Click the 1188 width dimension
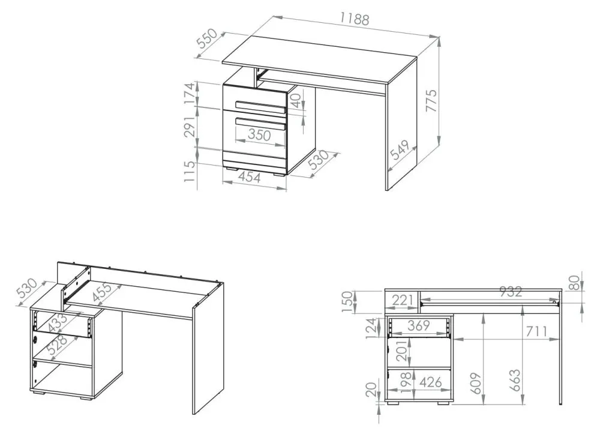pos(355,18)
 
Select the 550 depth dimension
pos(208,38)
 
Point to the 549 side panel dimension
pos(400,149)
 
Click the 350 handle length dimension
pos(259,135)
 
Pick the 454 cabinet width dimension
pos(250,177)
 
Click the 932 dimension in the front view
pos(511,292)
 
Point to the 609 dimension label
pos(476,384)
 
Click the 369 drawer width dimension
pos(419,325)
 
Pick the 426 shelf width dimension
pos(431,382)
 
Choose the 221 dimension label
pos(403,301)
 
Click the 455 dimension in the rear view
pos(102,292)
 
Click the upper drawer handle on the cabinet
pos(261,107)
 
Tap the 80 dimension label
pos(576,283)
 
